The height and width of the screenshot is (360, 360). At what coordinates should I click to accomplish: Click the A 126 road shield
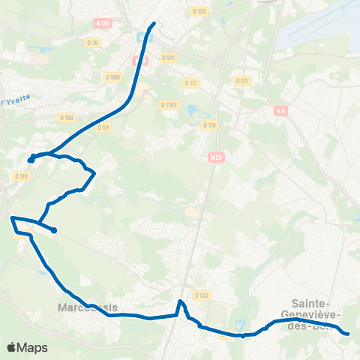tap(103, 23)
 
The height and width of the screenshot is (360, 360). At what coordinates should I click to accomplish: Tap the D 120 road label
tap(199, 10)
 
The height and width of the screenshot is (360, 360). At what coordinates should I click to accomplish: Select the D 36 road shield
tap(93, 42)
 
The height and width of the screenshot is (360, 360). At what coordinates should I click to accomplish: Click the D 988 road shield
tap(112, 76)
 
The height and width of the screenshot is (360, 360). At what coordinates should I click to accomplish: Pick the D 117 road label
tap(191, 83)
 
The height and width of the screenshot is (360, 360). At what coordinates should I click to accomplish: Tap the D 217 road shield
tap(241, 80)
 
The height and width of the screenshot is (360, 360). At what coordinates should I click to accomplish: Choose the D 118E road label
tap(169, 104)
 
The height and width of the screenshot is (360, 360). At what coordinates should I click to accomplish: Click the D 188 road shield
tap(67, 117)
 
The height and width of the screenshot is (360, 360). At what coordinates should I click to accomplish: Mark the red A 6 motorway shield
tap(280, 110)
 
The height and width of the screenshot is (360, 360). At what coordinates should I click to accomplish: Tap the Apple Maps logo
tap(27, 347)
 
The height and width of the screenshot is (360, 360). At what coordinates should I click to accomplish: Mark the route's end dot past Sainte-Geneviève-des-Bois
tap(347, 333)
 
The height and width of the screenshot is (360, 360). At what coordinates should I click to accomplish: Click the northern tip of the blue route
tap(154, 23)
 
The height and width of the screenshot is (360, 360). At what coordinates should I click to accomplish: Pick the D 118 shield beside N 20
tap(209, 125)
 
